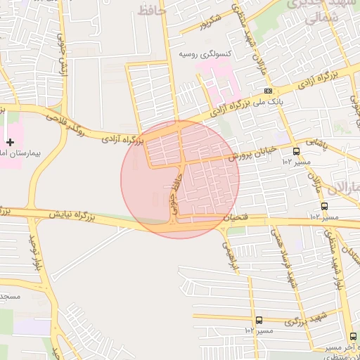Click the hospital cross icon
coord(10,142)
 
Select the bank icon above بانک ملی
coord(268,91)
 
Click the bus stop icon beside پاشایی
coord(296,150)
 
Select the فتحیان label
coord(238,219)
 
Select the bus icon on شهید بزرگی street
coord(259,320)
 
